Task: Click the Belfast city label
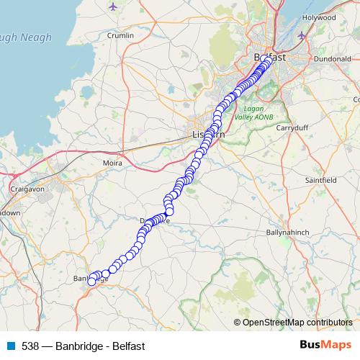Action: [270, 56]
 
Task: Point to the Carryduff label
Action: [292, 127]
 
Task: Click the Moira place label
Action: [112, 163]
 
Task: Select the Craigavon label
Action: [29, 188]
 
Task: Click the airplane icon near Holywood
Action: [301, 35]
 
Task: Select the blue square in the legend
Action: [11, 346]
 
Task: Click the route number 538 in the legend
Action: [31, 346]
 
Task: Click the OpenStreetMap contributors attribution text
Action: [297, 322]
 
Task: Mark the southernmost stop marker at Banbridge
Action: [91, 282]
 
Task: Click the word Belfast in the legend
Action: [129, 346]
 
